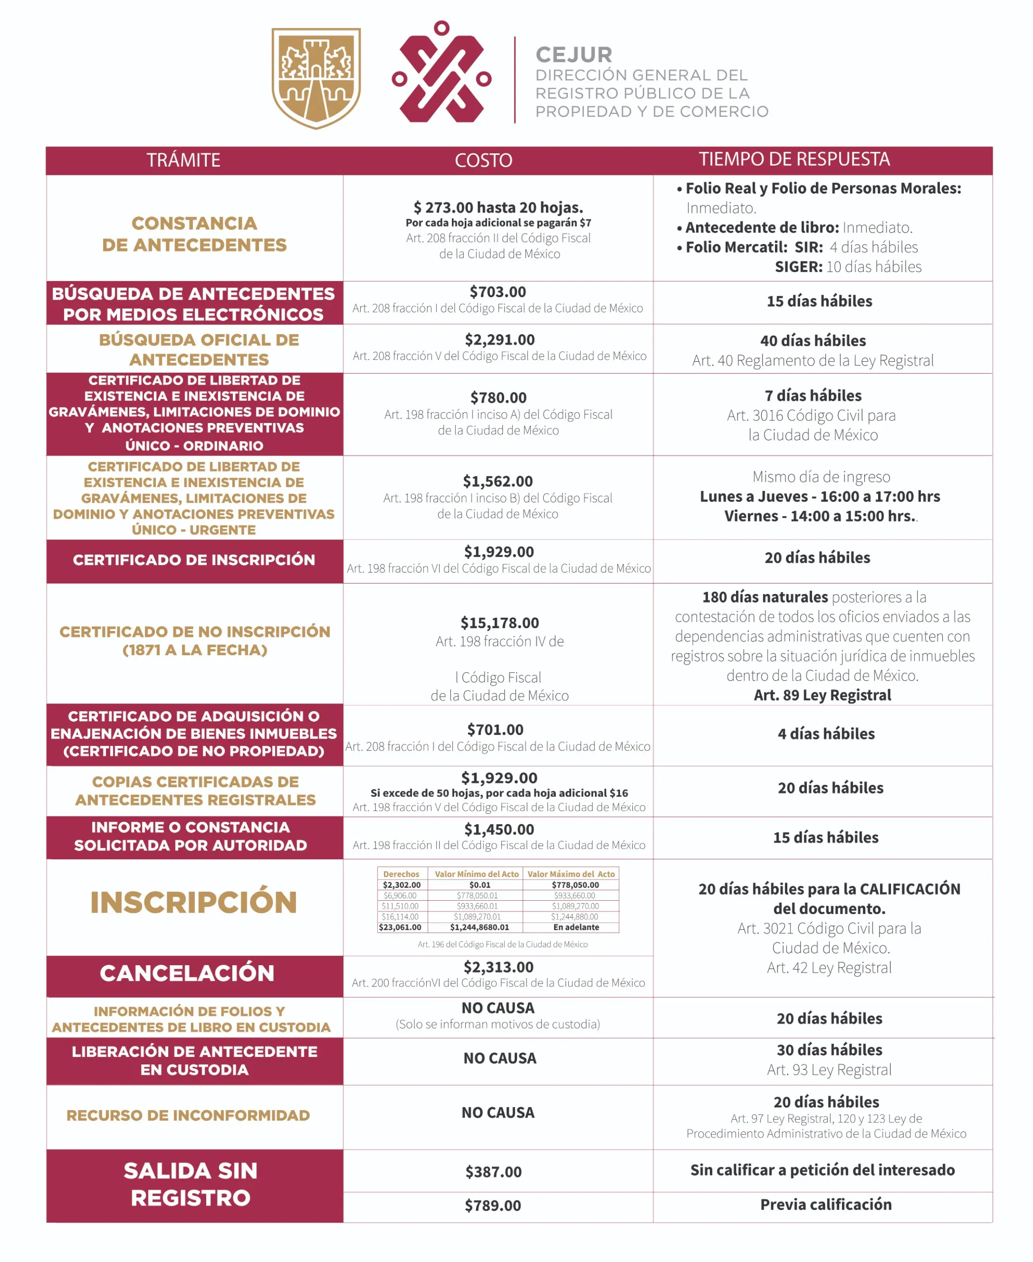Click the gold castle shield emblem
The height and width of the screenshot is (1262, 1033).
click(x=316, y=78)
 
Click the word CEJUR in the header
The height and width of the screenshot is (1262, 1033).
click(x=574, y=55)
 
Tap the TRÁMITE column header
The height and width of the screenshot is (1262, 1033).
click(x=184, y=160)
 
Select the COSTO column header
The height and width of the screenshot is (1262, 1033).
click(x=483, y=160)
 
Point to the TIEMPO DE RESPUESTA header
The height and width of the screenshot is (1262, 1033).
click(x=794, y=159)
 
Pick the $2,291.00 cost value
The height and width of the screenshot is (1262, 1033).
click(x=499, y=340)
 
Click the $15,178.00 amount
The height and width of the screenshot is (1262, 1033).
click(x=499, y=623)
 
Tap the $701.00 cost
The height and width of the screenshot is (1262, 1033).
click(x=495, y=729)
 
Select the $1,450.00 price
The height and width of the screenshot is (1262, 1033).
click(x=499, y=829)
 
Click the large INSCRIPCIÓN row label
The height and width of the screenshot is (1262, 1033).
click(x=193, y=902)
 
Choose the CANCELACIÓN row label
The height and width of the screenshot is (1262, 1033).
click(x=187, y=973)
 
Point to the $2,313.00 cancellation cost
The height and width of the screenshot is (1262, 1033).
click(x=498, y=967)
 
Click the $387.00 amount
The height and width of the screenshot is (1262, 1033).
click(x=493, y=1172)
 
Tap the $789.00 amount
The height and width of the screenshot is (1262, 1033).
click(x=493, y=1205)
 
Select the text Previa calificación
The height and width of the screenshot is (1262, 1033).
click(x=825, y=1204)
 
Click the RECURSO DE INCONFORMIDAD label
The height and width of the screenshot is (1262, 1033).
click(x=188, y=1115)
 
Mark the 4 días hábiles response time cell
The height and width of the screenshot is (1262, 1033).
click(x=826, y=734)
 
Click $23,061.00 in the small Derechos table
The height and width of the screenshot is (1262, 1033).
click(x=400, y=927)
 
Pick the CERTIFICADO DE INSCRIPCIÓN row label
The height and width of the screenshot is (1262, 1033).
click(x=194, y=560)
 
